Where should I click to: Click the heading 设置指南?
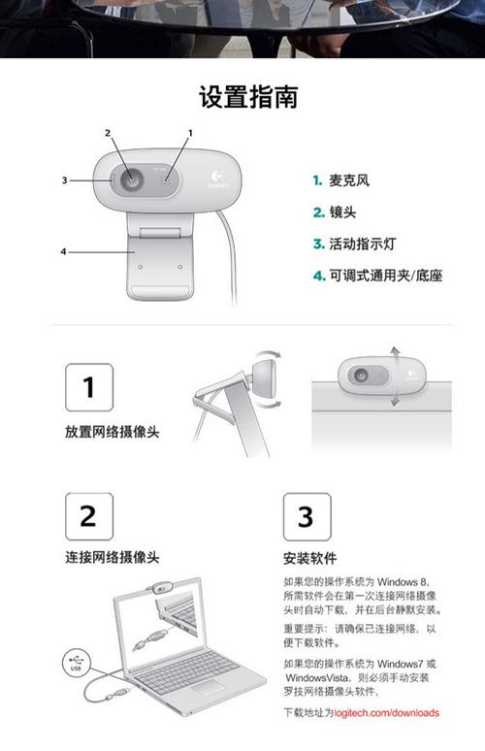coord(248,97)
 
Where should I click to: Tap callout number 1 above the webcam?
coord(190,131)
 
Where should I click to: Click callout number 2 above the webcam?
coord(108,132)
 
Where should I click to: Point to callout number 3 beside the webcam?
coord(64,180)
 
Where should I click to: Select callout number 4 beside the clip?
coord(64,251)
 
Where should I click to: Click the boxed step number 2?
coord(88,516)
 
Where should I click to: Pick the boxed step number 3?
coord(306,516)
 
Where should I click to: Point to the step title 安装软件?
coord(309,559)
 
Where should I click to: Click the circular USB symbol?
coord(78,664)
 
